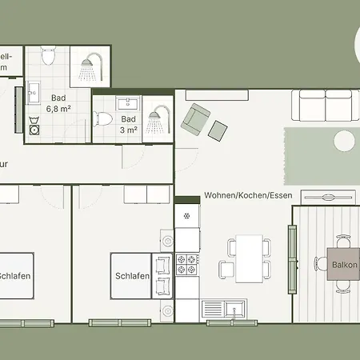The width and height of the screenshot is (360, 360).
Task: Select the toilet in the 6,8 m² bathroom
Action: [47, 56]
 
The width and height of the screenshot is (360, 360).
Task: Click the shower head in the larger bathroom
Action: [87, 69]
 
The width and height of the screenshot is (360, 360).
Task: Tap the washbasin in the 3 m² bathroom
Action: [129, 102]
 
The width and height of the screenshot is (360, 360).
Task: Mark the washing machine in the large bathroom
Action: [34, 127]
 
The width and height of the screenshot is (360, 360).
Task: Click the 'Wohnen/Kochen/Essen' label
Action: [247, 195]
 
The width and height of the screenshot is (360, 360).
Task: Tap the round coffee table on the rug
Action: [345, 142]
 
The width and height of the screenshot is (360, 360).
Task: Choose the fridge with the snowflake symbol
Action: [187, 216]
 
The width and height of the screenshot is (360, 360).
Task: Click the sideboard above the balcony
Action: [327, 197]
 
